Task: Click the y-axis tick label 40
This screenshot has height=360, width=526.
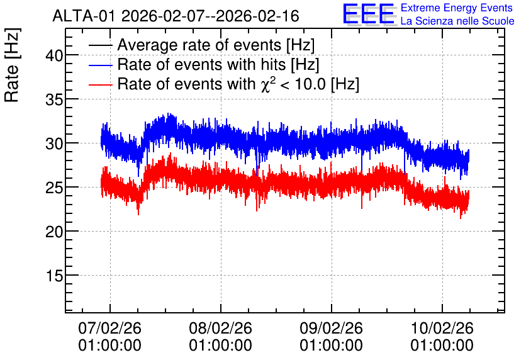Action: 54,55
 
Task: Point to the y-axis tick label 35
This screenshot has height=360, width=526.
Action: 54,99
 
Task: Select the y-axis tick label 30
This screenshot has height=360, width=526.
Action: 54,143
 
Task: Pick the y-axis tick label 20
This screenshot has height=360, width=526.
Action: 54,232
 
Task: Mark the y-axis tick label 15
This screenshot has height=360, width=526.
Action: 54,276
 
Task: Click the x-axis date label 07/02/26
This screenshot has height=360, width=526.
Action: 109,328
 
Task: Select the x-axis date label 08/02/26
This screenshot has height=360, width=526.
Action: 220,328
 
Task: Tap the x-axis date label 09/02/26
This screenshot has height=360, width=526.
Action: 331,328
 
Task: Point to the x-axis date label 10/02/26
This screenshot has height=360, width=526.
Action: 442,328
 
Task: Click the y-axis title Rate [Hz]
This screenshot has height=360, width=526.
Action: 12,65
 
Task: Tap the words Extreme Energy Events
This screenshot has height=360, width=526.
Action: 457,8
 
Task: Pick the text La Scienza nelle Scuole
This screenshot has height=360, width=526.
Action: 457,21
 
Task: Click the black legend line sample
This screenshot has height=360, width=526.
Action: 101,45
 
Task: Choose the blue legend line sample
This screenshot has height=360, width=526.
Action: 101,65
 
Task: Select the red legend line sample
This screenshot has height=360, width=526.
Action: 101,84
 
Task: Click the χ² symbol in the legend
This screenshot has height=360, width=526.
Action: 268,84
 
